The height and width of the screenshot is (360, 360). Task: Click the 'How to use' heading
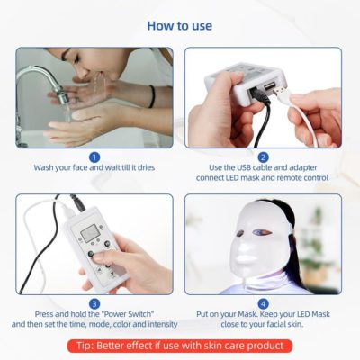(179, 25)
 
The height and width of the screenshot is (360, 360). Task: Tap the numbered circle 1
(94, 157)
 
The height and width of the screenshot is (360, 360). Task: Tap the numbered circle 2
(263, 157)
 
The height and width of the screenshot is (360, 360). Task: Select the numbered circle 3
(94, 303)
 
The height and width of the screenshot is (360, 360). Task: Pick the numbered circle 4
(263, 303)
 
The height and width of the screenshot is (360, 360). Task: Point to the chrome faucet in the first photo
(36, 72)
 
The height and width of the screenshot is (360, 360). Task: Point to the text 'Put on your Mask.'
(221, 315)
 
